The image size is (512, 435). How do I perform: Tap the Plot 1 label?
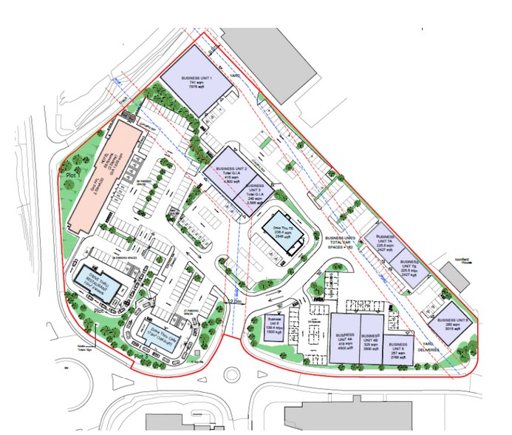72,175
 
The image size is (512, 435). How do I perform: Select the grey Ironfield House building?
455,276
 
